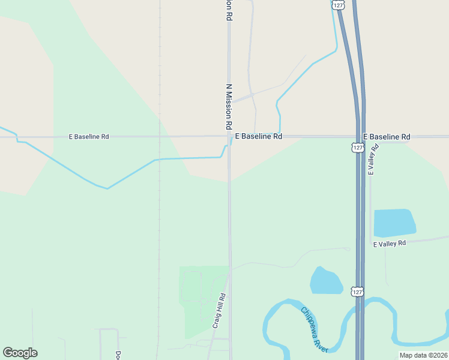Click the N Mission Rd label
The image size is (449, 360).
coord(229,107)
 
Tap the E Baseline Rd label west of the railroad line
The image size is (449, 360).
coord(89,137)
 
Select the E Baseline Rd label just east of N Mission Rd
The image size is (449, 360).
coord(258,137)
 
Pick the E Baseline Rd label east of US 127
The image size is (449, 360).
coord(387,137)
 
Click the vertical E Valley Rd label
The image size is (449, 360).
coord(373,159)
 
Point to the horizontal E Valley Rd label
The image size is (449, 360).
coord(390,244)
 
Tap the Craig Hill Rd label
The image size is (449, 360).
coord(219,310)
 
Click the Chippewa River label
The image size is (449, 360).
coord(315,329)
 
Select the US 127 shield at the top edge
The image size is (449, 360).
coord(339,5)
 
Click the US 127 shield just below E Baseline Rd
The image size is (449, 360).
coord(357,147)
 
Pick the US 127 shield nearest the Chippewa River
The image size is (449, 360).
coord(357,292)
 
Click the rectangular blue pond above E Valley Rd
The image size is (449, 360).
coord(394,223)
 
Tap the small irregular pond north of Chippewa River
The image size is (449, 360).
coord(326,281)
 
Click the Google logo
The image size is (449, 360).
coord(20,353)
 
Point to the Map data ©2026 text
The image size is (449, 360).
coord(423,355)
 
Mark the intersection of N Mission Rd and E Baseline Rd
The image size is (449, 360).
coord(229,137)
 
